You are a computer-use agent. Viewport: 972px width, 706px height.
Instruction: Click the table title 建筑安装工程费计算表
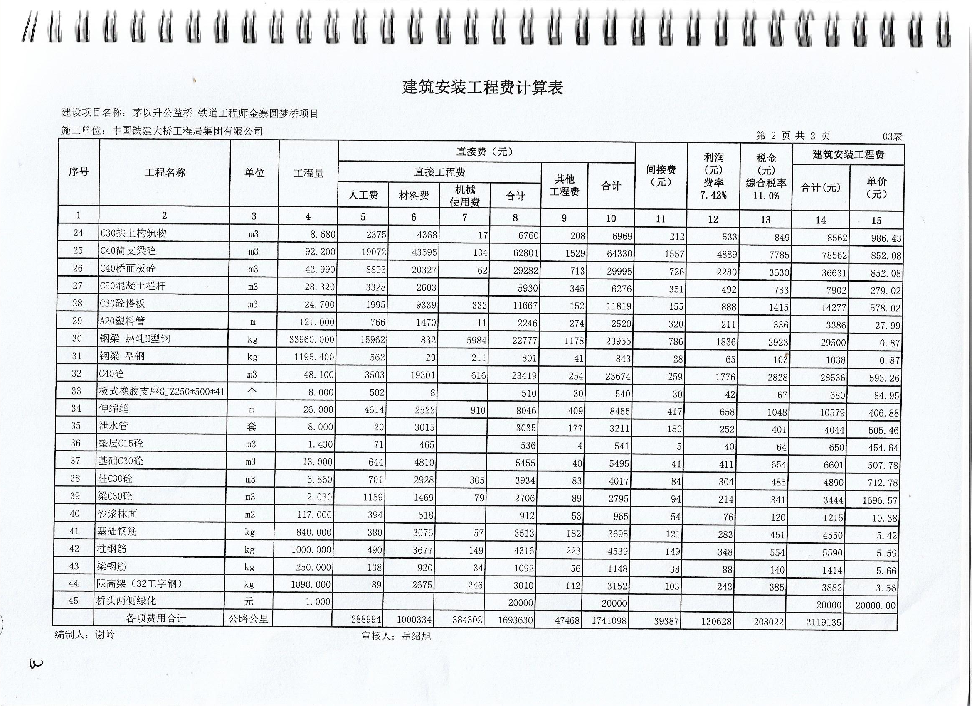pos(483,87)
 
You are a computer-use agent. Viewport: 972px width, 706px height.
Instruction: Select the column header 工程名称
pos(165,172)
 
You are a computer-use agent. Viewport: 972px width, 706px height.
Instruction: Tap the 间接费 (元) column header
pos(661,176)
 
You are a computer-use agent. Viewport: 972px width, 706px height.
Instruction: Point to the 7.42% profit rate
pos(713,195)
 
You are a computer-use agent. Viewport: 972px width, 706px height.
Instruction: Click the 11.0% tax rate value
pos(766,196)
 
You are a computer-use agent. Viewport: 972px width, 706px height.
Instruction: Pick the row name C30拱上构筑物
pos(133,233)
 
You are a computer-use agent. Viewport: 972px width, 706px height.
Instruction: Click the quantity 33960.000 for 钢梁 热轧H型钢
pos(311,340)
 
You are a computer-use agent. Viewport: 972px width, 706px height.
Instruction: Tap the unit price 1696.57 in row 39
pos(877,500)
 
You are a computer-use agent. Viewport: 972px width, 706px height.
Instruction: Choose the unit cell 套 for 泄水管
pos(251,427)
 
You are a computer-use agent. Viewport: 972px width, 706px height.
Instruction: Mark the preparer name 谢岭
pos(105,635)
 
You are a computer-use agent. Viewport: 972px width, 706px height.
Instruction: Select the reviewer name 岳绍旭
pos(416,636)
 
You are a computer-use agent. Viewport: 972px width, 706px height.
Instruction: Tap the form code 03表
pos(892,137)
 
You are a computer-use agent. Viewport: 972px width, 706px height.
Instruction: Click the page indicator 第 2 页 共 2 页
pos(793,136)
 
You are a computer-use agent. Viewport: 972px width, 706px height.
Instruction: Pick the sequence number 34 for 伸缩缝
pos(76,409)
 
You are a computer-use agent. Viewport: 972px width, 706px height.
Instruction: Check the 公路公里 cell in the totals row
pos(248,619)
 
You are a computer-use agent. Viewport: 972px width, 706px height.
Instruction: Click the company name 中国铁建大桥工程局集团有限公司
pos(187,130)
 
